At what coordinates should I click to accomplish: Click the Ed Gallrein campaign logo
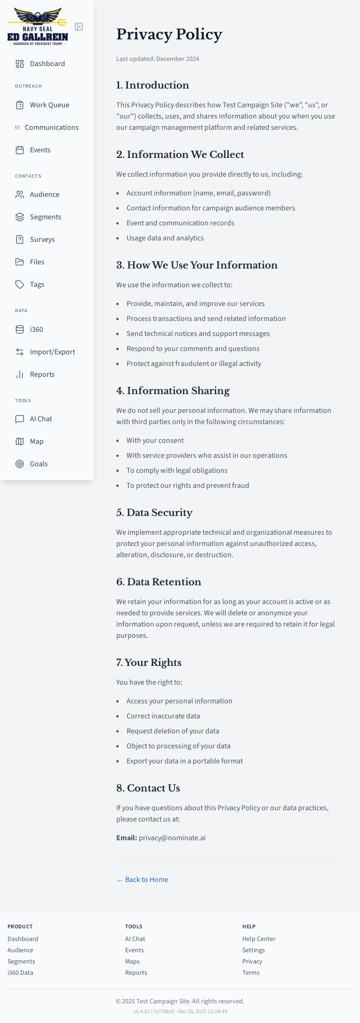37,27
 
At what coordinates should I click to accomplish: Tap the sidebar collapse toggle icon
79,27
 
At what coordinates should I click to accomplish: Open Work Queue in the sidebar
49,105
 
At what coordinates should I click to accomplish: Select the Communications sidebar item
52,127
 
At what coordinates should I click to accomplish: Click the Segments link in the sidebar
45,217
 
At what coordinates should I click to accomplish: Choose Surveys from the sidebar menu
42,239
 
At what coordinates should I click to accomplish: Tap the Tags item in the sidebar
37,284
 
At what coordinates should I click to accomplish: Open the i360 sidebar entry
37,329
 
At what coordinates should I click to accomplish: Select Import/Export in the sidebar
52,352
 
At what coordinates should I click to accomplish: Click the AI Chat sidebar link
41,419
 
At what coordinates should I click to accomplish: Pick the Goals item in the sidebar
39,464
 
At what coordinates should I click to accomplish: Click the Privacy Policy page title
169,34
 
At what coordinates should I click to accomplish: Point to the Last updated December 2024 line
157,59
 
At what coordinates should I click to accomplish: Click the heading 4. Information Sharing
173,391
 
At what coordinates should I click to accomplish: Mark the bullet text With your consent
155,441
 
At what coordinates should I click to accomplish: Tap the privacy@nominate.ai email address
172,838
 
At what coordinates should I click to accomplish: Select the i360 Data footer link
20,973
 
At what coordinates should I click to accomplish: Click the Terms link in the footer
251,973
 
